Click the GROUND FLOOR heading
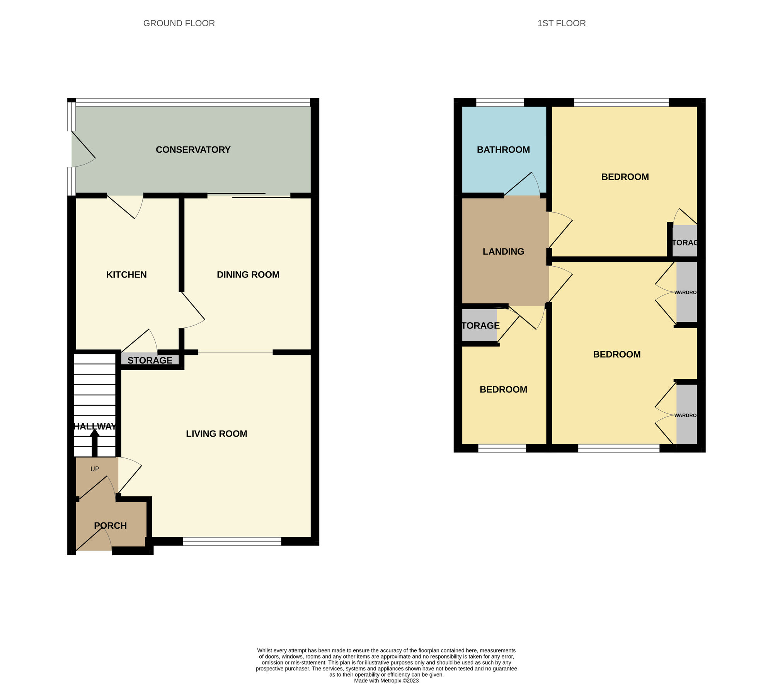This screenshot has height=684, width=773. (179, 23)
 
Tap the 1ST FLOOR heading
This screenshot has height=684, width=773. (561, 23)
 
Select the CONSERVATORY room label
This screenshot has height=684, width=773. (193, 150)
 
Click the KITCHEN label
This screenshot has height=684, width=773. (126, 275)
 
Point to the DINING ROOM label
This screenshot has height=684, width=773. (248, 275)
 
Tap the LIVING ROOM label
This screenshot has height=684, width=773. (216, 434)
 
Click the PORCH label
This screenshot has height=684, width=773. (110, 526)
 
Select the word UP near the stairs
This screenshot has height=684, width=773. (94, 469)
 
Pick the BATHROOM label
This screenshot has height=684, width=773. (503, 150)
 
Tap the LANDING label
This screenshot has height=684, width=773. (503, 252)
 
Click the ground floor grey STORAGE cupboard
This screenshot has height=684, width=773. (150, 360)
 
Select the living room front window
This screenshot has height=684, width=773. (232, 541)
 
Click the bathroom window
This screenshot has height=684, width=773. (500, 102)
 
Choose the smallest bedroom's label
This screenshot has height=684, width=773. (503, 390)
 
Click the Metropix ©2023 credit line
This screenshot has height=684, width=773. (386, 681)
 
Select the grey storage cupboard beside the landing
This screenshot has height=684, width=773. (480, 325)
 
